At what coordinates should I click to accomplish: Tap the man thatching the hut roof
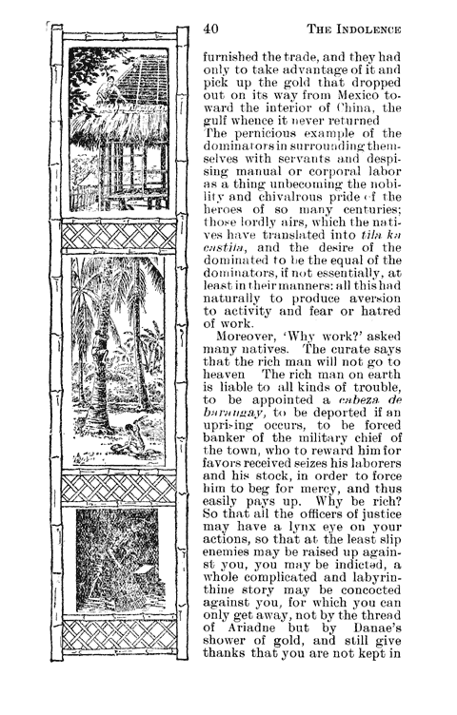(x=118, y=90)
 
